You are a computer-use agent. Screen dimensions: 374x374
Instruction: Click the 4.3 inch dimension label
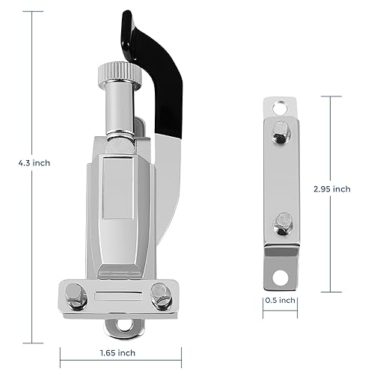[34, 163]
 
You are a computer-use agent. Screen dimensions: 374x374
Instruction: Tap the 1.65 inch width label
[117, 353]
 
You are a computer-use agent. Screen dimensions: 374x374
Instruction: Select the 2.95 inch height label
[332, 189]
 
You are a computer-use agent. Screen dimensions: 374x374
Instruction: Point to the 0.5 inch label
[280, 300]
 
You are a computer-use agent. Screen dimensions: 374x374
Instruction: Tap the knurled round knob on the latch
[120, 73]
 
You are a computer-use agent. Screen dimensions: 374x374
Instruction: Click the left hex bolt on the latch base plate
[76, 296]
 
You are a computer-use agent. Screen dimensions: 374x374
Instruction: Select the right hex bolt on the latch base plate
[161, 296]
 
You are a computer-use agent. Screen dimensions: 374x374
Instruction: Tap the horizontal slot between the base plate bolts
[118, 295]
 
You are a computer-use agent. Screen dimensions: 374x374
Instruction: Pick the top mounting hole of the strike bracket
[280, 108]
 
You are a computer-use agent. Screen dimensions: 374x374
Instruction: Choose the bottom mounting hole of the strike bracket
[280, 278]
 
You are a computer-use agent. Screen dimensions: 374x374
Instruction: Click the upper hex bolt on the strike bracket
[281, 132]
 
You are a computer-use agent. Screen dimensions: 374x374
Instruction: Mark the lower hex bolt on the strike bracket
[283, 224]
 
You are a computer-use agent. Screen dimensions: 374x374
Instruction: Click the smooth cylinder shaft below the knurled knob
[120, 110]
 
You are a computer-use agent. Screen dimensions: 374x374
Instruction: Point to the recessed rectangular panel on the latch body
[117, 188]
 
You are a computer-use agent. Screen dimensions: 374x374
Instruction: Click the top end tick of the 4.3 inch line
[32, 11]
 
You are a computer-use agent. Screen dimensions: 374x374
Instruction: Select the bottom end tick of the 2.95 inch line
[331, 292]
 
